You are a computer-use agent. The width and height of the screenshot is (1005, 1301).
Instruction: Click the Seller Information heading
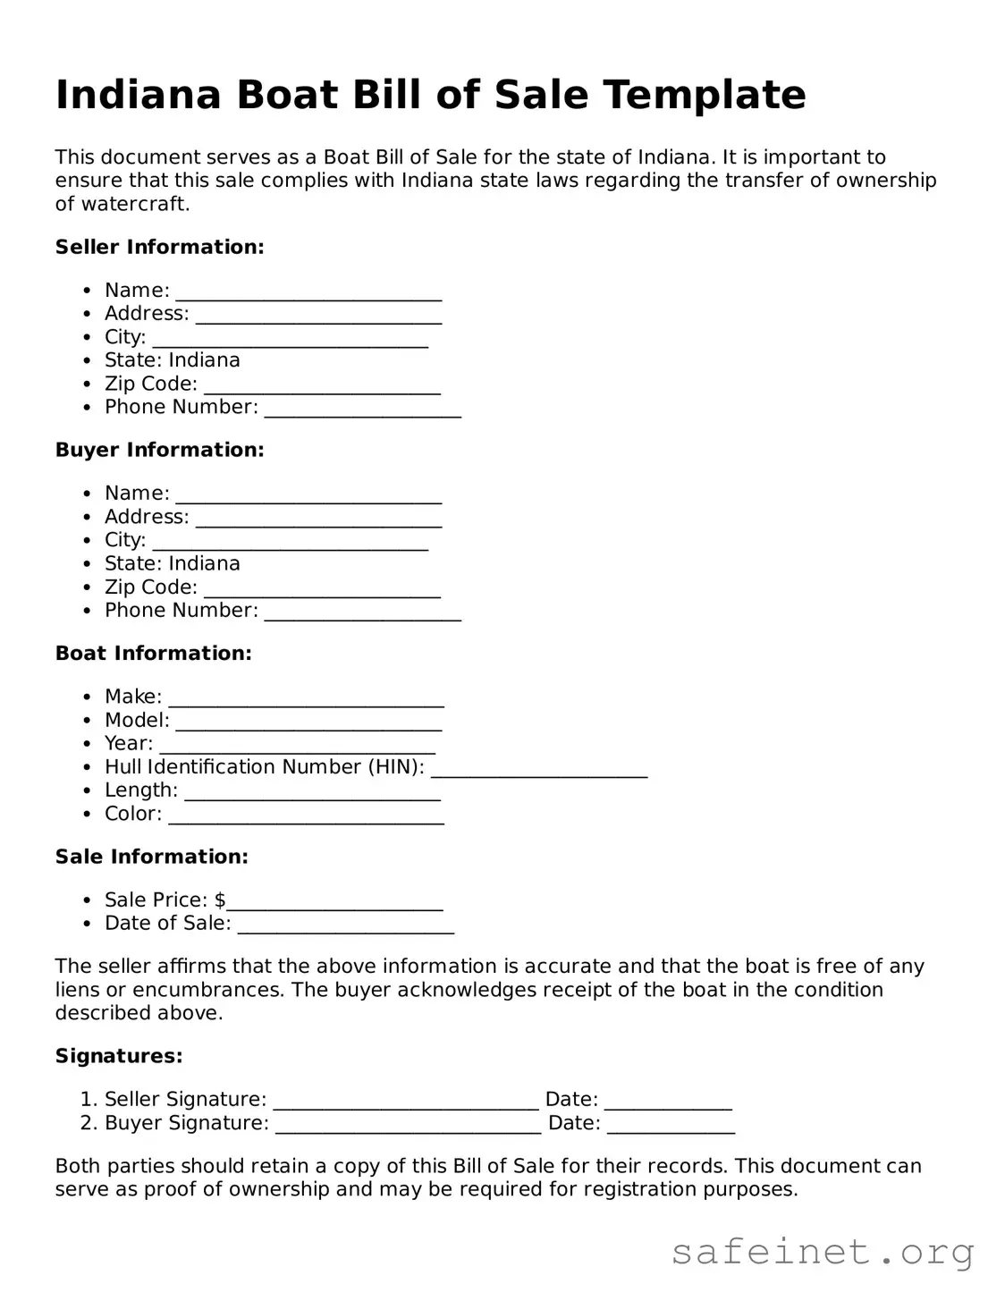pos(159,247)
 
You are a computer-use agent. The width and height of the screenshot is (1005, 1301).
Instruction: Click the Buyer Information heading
pos(159,450)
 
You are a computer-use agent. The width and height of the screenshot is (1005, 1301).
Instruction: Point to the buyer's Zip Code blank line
pos(322,591)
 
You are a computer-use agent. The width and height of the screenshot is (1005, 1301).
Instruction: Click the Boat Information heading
pos(153,654)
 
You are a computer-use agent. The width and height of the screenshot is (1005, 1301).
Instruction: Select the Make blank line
pos(306,700)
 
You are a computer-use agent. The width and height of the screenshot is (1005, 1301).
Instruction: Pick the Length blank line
pos(312,794)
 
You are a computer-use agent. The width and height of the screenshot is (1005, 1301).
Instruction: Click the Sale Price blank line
pos(334,904)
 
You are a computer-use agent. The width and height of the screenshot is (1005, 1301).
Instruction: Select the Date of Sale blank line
pos(345,927)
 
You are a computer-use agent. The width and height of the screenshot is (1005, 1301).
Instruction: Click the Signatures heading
pos(119,1056)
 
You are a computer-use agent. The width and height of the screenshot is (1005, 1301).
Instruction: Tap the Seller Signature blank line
pos(405,1103)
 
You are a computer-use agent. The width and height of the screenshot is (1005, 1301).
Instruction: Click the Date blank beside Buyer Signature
pos(671,1127)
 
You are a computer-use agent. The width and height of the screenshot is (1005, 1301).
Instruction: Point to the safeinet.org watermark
pos(822,1252)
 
